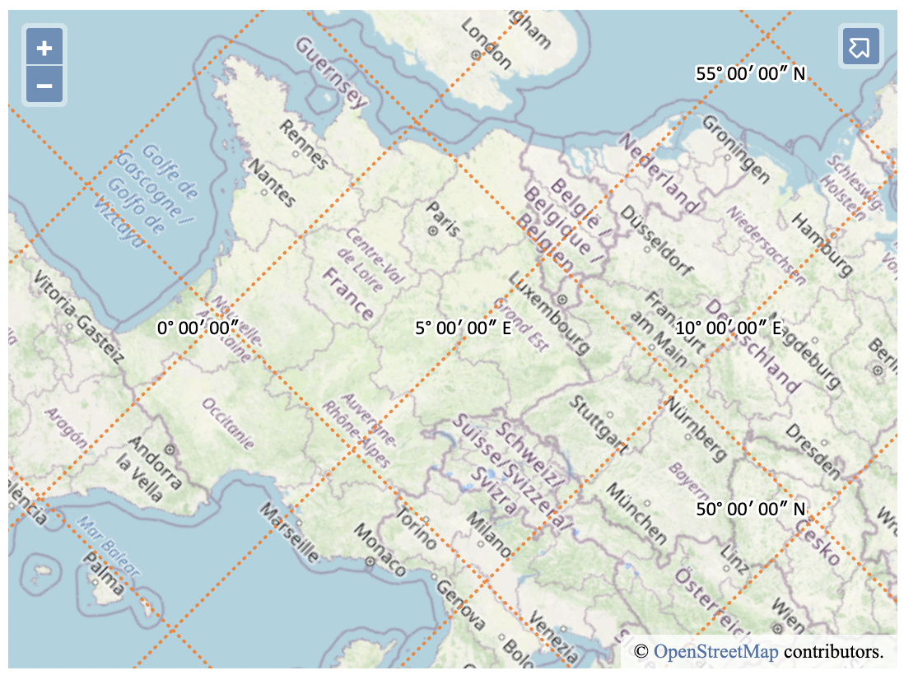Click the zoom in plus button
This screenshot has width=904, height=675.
click(44, 49)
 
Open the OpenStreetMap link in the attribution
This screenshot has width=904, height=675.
click(715, 652)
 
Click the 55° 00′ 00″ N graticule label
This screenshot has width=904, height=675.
click(750, 74)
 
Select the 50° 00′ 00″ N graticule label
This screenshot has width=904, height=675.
click(750, 509)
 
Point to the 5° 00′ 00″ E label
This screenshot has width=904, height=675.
click(463, 328)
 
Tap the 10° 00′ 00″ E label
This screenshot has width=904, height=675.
click(728, 328)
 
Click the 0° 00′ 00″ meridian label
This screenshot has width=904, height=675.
click(198, 328)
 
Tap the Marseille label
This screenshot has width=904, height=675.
click(289, 534)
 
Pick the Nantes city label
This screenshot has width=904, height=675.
click(271, 183)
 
